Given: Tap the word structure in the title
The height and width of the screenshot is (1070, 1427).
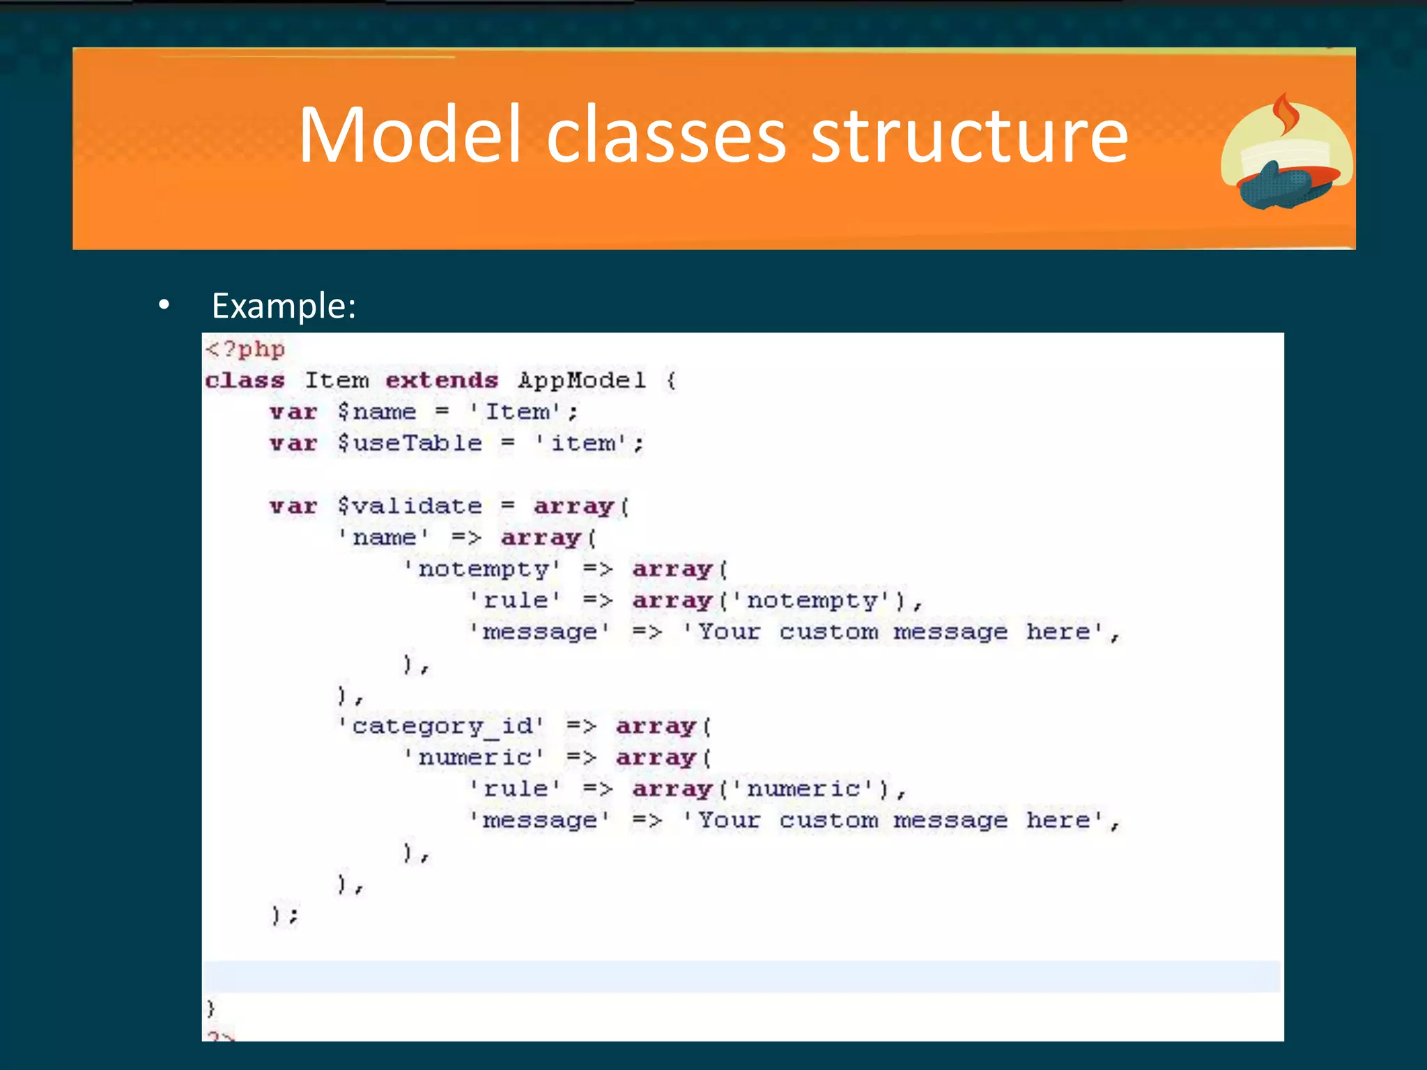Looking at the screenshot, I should (x=969, y=136).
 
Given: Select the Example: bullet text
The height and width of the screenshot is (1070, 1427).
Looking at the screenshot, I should (x=284, y=306).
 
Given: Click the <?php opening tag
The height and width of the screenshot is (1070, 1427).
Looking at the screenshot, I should (x=245, y=349).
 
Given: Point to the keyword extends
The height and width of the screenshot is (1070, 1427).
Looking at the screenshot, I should (x=442, y=380).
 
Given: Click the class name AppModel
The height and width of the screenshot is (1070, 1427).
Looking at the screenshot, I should (x=582, y=381).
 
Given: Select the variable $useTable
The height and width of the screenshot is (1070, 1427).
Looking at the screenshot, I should (x=410, y=443).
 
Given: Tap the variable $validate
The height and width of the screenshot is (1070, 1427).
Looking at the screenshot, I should (x=410, y=506).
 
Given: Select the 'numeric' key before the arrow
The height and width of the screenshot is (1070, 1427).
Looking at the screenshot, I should (x=475, y=757).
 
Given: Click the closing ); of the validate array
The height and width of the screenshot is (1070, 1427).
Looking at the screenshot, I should (x=285, y=915).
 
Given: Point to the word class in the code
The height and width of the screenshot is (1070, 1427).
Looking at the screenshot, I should (x=245, y=380).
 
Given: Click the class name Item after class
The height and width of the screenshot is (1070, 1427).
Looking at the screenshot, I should (x=337, y=380).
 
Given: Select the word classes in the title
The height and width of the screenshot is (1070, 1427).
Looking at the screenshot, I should (x=666, y=136).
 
